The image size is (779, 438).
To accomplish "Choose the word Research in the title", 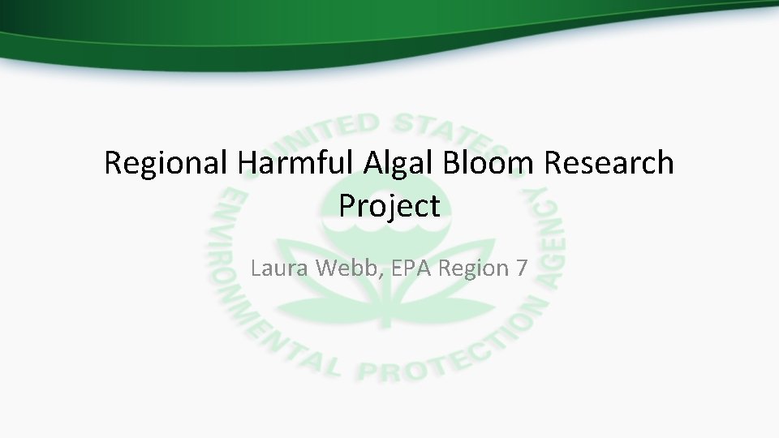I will (609, 163).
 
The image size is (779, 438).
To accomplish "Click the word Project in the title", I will (389, 207).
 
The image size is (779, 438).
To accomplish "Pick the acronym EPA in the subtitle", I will (412, 267).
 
